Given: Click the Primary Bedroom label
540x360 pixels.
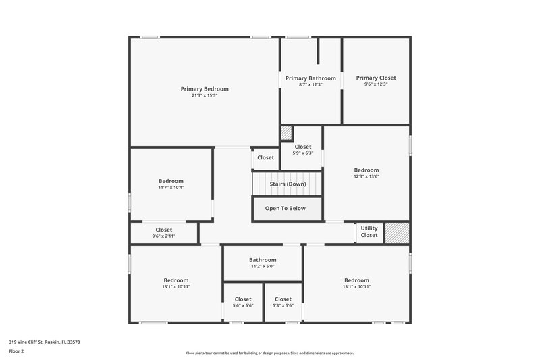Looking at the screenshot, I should [x=205, y=88].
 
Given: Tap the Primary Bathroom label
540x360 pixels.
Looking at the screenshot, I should [x=310, y=78].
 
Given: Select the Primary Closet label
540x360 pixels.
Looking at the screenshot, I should [x=376, y=78].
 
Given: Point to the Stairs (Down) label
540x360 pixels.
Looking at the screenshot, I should [x=288, y=184].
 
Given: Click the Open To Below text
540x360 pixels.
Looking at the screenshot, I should [x=285, y=208].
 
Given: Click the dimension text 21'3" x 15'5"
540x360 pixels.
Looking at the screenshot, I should [x=205, y=95].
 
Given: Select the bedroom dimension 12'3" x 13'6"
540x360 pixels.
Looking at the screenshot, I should [x=367, y=177].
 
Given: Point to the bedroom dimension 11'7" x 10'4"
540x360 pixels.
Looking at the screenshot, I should [x=171, y=187].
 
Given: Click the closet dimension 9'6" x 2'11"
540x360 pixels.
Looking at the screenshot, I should [x=164, y=236].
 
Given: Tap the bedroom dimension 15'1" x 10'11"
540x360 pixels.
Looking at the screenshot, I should [x=356, y=286].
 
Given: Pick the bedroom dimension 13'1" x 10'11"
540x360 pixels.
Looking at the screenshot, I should [x=176, y=286].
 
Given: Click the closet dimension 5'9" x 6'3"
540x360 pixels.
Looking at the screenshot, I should [x=303, y=153].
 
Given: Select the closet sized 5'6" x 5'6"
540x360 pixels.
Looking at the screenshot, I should [x=243, y=302].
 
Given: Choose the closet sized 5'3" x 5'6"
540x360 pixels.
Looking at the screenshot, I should [x=283, y=302].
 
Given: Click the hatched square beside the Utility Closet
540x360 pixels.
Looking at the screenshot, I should [x=397, y=232].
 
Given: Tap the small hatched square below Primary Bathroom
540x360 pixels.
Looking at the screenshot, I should [x=286, y=132].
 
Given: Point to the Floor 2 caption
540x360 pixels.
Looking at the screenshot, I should [x=16, y=351].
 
